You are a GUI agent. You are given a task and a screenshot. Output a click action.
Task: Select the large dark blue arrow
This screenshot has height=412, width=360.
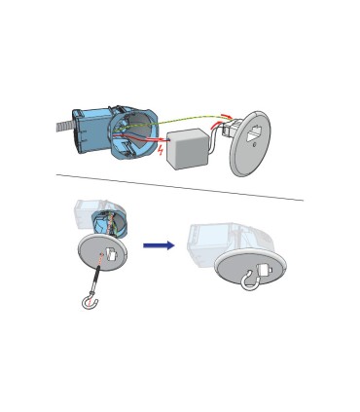[x=159, y=245]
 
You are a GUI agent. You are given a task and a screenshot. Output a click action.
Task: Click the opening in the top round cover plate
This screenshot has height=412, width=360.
[x=256, y=135]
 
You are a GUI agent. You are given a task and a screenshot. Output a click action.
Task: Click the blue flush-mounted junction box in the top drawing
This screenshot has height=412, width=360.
[x=109, y=127]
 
